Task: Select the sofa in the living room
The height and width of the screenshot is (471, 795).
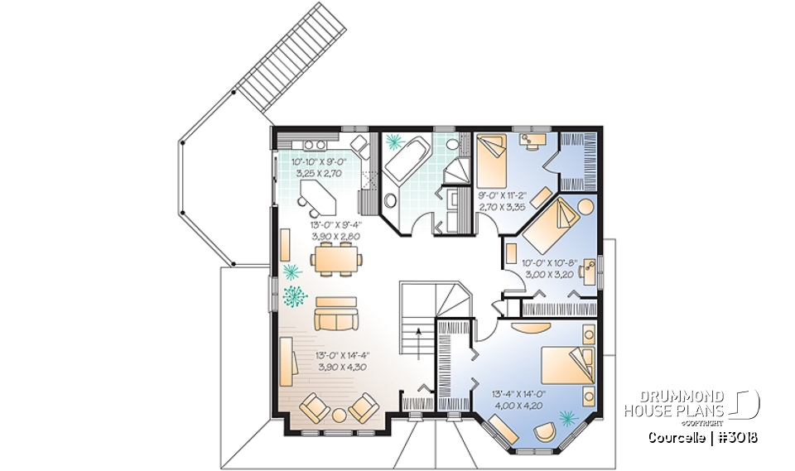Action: click(335, 313)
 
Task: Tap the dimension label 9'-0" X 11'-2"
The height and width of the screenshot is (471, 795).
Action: click(501, 199)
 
